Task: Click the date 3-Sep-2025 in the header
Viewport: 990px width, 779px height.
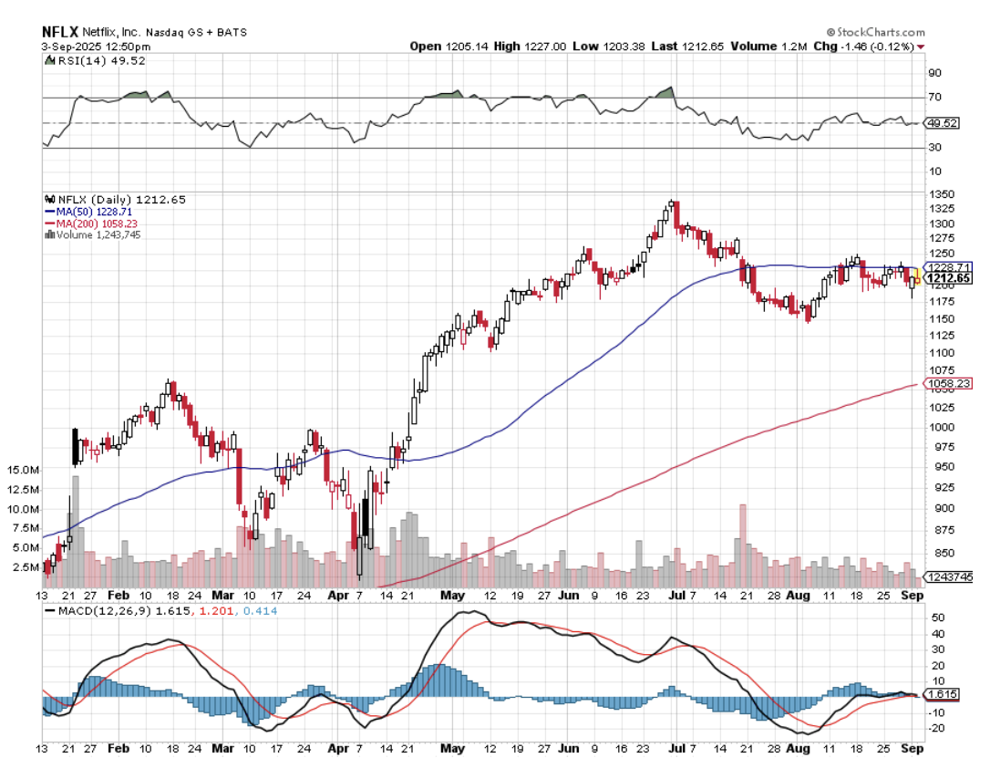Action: coord(69,46)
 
